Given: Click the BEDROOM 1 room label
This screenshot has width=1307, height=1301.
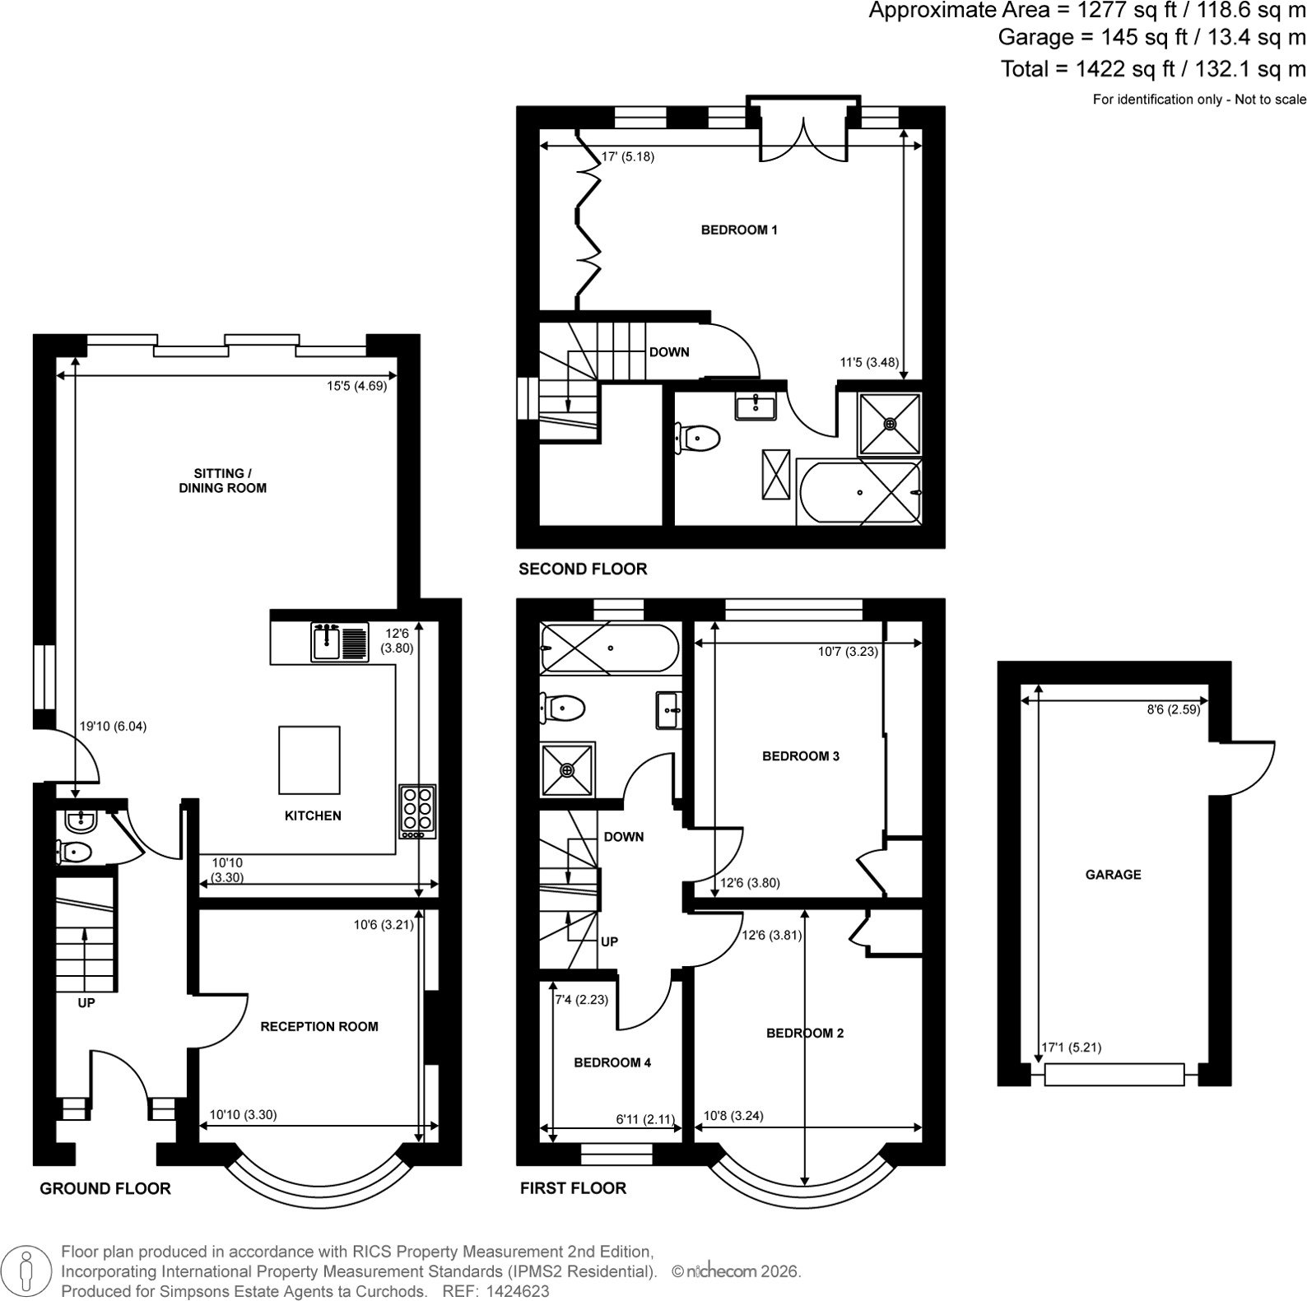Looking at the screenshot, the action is (x=739, y=230).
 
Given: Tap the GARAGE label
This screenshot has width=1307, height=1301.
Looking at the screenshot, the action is (x=1113, y=875).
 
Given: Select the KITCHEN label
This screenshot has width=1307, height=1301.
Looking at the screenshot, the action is (x=313, y=815).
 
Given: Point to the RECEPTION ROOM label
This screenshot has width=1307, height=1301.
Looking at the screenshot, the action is (x=319, y=1026).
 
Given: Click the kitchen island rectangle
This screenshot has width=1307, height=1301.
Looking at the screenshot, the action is (x=309, y=758).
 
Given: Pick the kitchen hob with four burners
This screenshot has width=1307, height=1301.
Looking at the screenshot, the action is (x=417, y=811).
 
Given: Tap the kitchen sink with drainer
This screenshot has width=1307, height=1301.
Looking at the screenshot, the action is (x=340, y=643).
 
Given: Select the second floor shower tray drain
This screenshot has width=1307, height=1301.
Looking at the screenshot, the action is (x=890, y=424).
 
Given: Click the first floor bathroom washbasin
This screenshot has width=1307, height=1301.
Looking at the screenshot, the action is (x=669, y=710).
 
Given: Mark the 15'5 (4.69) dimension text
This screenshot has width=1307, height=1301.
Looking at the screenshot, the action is (x=356, y=385).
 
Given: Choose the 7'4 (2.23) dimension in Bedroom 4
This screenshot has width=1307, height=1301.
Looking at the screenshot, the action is (x=582, y=1000).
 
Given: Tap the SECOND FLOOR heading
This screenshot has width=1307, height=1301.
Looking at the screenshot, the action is (x=583, y=569).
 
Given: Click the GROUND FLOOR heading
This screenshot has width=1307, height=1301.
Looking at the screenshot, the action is (x=105, y=1188).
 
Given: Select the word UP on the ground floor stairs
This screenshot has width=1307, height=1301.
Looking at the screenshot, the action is (x=86, y=1003).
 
